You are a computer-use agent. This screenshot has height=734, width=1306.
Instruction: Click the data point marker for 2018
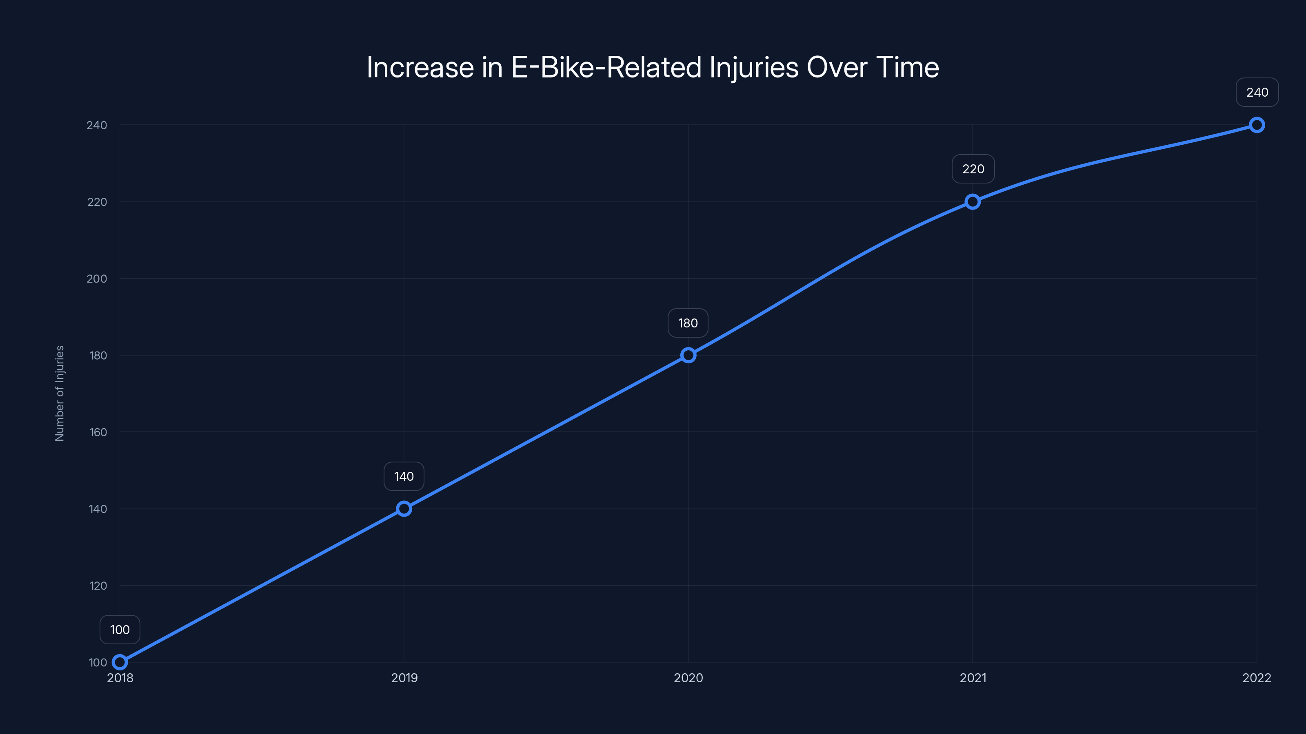120,662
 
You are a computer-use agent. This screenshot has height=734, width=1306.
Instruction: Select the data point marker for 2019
404,508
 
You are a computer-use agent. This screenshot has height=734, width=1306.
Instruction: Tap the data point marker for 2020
688,355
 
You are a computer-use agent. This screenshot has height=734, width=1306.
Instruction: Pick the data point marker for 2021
973,201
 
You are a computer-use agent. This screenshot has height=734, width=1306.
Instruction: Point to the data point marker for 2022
1257,125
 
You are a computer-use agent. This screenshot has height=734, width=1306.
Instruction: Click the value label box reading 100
120,630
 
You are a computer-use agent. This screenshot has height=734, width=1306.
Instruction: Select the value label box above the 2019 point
404,476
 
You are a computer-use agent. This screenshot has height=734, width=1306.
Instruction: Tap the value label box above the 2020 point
688,323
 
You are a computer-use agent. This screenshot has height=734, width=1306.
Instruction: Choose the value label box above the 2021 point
973,169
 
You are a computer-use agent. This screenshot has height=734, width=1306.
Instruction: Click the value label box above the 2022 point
1257,92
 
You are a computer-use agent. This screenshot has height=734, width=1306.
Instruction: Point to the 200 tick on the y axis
97,279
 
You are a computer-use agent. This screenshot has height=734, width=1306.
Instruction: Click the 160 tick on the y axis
98,432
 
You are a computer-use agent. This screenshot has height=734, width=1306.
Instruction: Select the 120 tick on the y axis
98,586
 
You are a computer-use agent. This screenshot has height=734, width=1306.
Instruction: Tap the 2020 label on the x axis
688,678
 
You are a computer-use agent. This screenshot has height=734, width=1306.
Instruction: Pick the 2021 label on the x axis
973,678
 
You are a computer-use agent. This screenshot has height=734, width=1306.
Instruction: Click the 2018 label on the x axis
120,678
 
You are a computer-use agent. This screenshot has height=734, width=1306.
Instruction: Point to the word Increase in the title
420,67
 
